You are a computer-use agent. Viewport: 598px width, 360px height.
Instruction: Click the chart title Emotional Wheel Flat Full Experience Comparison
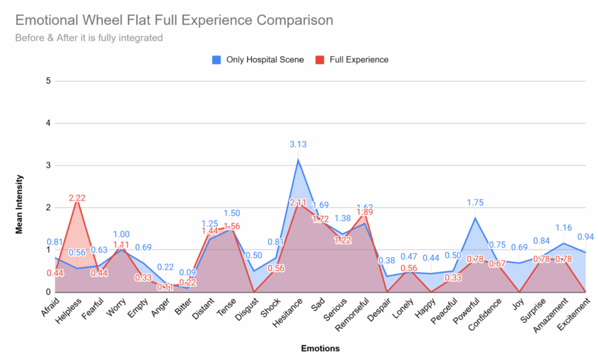pos(174,20)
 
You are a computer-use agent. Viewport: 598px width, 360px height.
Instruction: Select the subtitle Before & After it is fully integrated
pos(89,39)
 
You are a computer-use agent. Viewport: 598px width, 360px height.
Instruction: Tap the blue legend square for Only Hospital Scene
pos(216,60)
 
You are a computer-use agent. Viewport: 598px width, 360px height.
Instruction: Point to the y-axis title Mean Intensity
pos(19,203)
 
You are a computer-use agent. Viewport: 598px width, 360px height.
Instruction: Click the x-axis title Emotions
pos(320,348)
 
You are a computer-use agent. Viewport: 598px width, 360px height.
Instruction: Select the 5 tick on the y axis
pos(48,81)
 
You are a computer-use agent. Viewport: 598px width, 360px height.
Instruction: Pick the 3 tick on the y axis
pos(48,165)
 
